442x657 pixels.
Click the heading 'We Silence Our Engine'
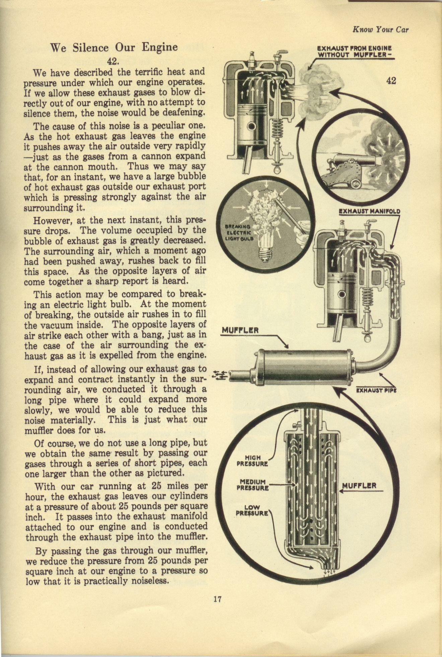(114, 47)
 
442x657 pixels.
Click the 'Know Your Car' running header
(380, 29)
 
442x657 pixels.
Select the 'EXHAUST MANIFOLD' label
(369, 212)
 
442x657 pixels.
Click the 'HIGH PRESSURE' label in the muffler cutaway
(252, 461)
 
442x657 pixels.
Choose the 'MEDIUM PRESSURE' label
(252, 485)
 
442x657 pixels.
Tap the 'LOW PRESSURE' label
(252, 510)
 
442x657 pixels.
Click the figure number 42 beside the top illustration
(391, 81)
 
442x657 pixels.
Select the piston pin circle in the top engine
(251, 126)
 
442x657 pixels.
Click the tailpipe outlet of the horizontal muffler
(238, 375)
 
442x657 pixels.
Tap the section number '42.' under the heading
(113, 61)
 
